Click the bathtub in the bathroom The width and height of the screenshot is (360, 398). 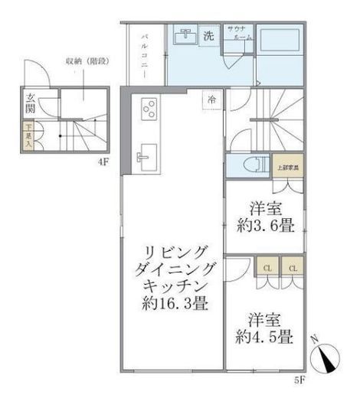(277, 42)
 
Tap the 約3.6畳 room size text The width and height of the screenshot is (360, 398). (267, 227)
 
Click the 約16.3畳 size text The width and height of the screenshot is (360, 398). (175, 303)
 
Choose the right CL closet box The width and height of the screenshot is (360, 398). (292, 268)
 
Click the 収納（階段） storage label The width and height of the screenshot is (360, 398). (82, 61)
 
